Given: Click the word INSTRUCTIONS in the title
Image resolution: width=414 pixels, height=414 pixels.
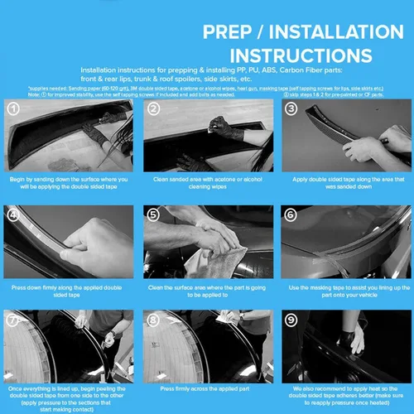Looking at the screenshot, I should (x=286, y=55).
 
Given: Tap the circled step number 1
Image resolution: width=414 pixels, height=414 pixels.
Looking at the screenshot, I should (x=13, y=108).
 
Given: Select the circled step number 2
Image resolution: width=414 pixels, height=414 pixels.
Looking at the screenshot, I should (x=153, y=108).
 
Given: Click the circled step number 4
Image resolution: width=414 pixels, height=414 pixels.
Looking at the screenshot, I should (x=13, y=214).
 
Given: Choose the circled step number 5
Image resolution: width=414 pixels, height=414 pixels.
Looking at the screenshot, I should (x=153, y=214).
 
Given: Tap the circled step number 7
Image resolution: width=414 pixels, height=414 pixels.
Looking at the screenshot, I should (x=13, y=318).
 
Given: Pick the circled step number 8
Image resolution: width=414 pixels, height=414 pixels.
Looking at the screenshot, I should (x=153, y=318).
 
